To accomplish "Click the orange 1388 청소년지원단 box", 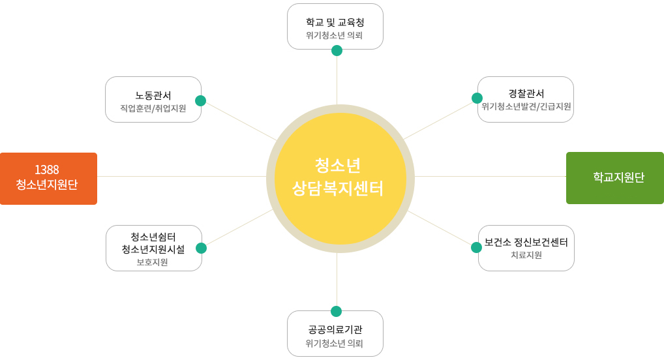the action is pos(49,179).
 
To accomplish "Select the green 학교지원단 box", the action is pos(615,178).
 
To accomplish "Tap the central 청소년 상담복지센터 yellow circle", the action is pos(340,179).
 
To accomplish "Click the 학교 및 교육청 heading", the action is pos(335,22).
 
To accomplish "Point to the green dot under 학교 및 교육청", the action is pos(337,51).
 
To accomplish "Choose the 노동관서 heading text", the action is pos(153,96).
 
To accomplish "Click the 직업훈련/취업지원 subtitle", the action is pos(153,108).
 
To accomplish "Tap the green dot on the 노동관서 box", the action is pos(201,101).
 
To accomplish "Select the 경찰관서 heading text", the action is pos(526,94).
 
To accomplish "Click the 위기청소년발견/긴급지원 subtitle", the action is pos(526,106).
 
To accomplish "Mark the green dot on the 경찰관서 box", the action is pos(477,98).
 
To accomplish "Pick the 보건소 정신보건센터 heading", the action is pos(526,242).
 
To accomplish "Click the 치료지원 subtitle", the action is pos(526,255).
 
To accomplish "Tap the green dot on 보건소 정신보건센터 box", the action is pos(476,248).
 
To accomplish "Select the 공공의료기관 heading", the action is pos(335,329).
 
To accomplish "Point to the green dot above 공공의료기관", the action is pos(336,312).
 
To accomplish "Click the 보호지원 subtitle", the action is pos(153,262).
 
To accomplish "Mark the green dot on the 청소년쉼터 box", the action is pos(201,248).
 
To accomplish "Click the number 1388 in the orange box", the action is pos(46,170).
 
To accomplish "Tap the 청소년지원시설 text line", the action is pos(153,250).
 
